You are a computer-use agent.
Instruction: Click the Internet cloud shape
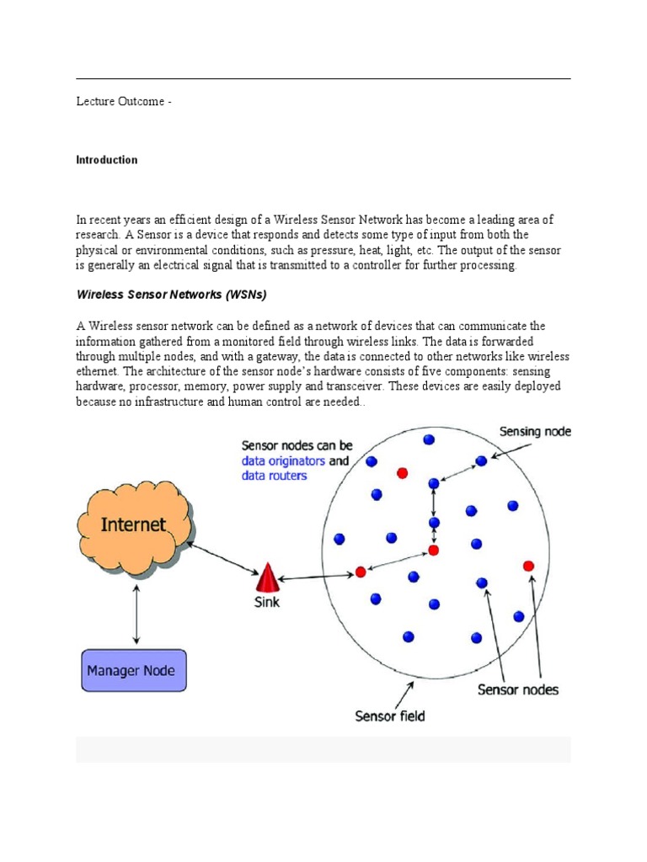135,525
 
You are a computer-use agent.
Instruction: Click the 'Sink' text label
267,603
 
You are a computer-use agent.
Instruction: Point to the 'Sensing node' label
535,432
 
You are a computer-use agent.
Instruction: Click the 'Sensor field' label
390,716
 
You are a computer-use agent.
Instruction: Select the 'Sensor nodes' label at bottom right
517,690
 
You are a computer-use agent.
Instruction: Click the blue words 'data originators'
283,461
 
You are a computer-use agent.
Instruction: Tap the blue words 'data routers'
275,476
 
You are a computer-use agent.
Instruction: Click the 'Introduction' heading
107,160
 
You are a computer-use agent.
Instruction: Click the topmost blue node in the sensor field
429,439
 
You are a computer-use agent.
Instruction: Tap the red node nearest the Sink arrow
361,572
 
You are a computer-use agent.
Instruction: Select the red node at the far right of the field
528,565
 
